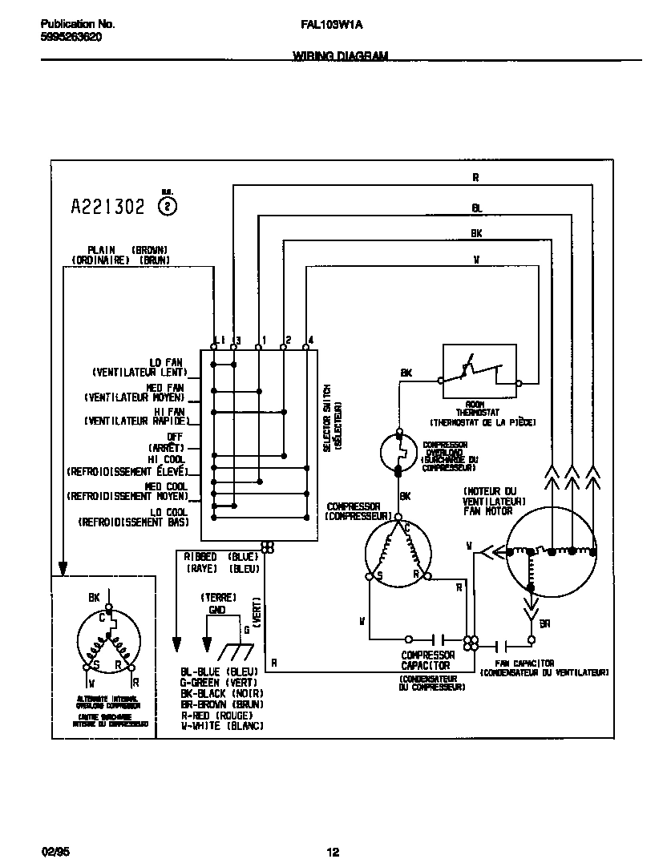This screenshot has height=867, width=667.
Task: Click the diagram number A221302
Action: coord(108,208)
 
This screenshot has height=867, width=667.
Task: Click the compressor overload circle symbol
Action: coord(398,451)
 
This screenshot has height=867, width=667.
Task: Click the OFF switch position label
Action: coord(176,437)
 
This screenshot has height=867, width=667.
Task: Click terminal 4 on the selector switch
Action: coord(306,346)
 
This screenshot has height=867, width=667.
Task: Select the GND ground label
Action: coord(217,609)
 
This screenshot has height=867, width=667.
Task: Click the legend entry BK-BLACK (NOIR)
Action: coord(223,692)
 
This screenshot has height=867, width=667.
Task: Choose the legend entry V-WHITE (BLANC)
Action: coord(223,725)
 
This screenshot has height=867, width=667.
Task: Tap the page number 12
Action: coord(333,852)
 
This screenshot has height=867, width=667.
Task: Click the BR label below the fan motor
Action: coord(544,623)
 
